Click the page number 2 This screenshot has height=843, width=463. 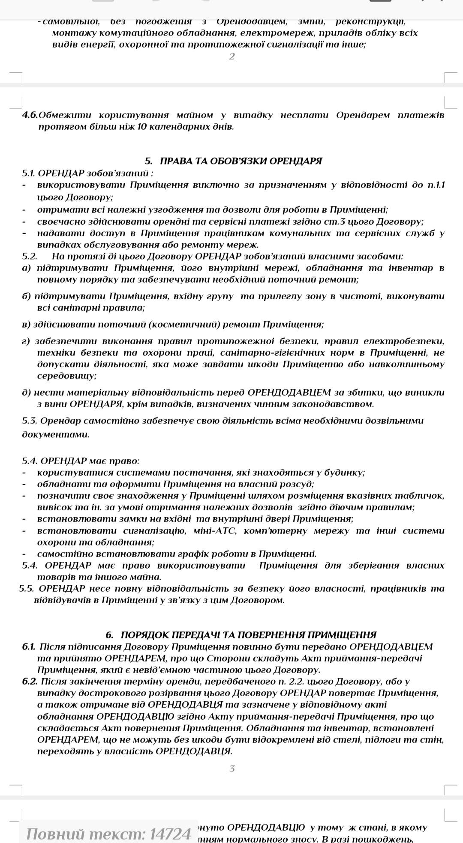(x=232, y=57)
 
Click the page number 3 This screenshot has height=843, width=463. (x=232, y=769)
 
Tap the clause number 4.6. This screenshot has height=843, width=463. (x=30, y=115)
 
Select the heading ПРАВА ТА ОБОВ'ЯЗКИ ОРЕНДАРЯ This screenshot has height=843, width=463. (x=241, y=161)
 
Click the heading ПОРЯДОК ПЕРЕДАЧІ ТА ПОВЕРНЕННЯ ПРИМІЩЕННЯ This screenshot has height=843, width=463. (x=249, y=635)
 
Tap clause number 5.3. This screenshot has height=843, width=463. (x=30, y=420)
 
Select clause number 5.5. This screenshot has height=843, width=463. (x=27, y=588)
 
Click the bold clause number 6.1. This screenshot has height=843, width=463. (x=29, y=646)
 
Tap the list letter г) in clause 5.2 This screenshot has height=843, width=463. (x=26, y=341)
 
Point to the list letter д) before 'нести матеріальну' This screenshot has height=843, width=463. (x=26, y=392)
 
